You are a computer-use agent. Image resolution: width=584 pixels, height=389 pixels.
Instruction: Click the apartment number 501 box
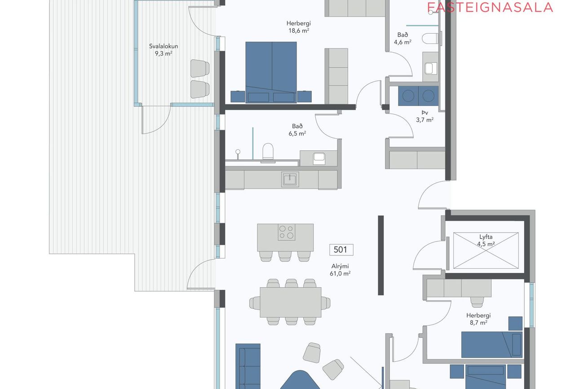point(341,250)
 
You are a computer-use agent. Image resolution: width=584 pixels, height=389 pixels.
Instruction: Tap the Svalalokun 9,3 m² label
point(164,50)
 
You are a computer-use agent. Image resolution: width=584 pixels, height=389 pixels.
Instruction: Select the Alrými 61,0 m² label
point(340,270)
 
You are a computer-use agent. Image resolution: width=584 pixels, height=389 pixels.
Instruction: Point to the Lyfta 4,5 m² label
point(486,240)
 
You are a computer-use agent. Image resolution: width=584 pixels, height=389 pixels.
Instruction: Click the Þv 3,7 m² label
point(425,116)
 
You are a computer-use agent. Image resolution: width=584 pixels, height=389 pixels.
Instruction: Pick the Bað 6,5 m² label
point(297,130)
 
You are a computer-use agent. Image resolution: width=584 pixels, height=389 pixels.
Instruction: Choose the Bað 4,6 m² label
point(403,39)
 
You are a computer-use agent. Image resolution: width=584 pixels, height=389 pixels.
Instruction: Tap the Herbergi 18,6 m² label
point(299,27)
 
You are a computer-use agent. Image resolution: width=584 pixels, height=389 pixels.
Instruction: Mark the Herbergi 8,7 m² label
point(478,319)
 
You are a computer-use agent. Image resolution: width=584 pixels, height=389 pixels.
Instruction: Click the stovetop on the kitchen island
point(287,232)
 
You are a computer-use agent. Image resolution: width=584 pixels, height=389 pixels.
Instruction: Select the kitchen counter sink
point(290,179)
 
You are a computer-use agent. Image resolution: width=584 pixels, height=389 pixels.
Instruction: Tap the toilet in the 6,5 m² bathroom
point(268,152)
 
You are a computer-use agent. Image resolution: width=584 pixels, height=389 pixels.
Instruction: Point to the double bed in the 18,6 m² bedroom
point(271,72)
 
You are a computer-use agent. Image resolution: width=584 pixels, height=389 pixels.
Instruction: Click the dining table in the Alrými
point(291,302)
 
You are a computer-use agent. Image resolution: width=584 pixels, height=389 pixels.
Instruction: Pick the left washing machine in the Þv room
point(408,96)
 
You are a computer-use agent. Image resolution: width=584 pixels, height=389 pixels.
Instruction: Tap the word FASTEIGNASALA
point(490,7)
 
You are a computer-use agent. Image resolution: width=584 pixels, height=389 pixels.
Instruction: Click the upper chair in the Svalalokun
point(200,69)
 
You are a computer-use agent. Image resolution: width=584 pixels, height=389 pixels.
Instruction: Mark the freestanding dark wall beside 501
point(380,255)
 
